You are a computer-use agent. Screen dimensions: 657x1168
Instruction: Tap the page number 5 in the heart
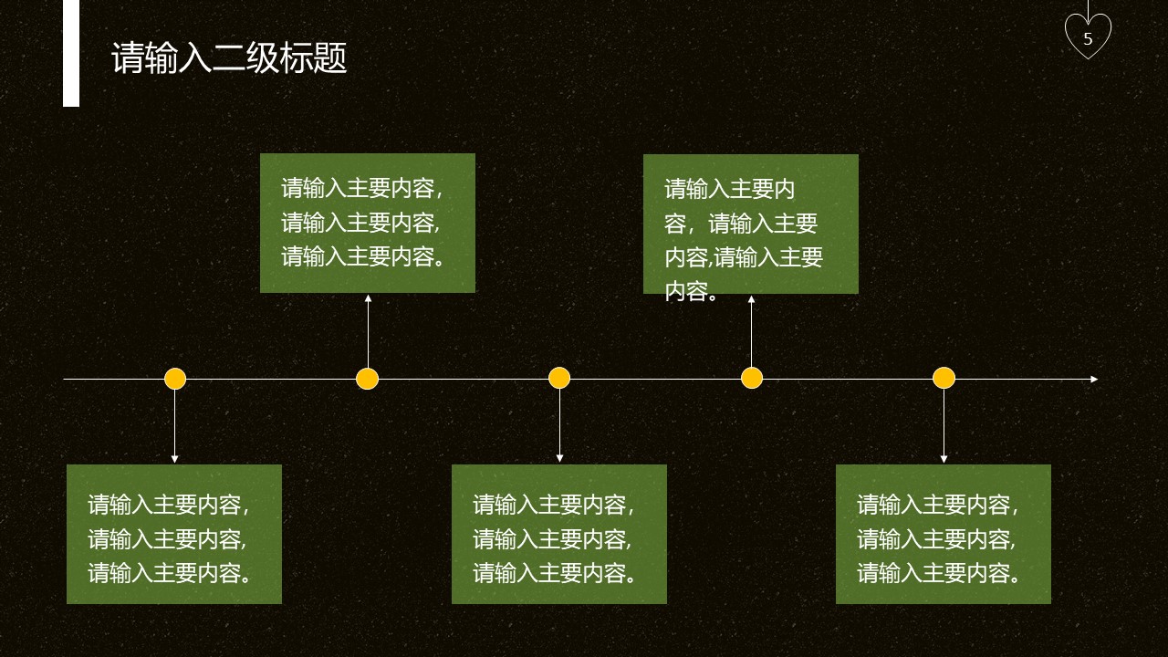1088,39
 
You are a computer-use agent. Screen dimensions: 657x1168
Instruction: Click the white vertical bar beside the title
71,53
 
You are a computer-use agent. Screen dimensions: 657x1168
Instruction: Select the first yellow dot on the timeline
175,379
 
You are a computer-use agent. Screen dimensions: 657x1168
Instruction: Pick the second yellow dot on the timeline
367,379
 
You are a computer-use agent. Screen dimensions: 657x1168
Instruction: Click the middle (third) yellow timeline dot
559,379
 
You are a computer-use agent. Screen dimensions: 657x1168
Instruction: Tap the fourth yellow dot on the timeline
752,379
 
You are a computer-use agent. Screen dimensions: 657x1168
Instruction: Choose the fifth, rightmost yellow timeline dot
944,379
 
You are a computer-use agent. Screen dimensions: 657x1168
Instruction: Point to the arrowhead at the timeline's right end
1093,379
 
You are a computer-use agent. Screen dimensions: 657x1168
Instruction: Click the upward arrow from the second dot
368,328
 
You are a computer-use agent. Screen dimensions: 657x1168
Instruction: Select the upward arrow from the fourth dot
751,330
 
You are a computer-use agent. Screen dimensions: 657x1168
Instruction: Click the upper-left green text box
367,223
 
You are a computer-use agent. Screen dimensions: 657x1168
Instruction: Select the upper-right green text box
750,224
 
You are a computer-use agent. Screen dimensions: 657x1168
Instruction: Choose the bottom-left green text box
173,534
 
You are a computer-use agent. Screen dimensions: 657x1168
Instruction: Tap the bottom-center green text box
558,534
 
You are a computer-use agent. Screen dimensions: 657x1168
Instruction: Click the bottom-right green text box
943,534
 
